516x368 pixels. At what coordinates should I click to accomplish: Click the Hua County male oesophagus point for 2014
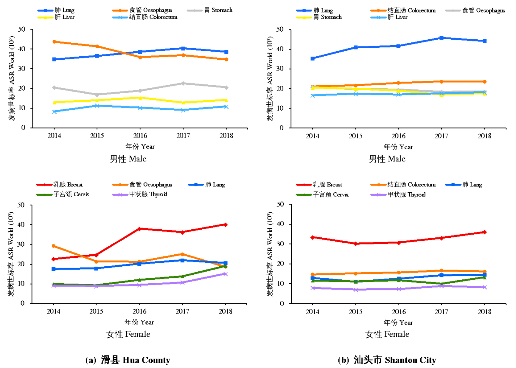tap(54, 42)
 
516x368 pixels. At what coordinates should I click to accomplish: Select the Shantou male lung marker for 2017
tap(441, 38)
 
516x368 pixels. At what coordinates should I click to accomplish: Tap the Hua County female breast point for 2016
tap(139, 229)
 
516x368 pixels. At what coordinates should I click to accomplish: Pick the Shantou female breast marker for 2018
tap(484, 232)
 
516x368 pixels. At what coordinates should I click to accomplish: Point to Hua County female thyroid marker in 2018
tap(226, 274)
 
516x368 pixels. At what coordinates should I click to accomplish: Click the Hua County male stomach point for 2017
tap(183, 83)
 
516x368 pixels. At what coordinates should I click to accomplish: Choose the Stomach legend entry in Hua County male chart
tap(218, 10)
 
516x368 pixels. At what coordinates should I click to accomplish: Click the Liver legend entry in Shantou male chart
tap(397, 17)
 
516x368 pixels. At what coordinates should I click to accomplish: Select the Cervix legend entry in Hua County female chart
tap(71, 194)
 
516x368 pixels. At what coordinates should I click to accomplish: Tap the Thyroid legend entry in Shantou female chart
tap(406, 194)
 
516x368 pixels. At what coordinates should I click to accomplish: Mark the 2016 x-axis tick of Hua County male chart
tap(140, 136)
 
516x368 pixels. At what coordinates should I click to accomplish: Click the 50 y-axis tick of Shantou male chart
tap(280, 29)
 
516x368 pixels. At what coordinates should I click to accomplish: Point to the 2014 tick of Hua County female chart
tap(53, 311)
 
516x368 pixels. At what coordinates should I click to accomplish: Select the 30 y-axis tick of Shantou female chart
tap(280, 244)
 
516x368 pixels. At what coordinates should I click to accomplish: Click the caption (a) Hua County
tap(128, 360)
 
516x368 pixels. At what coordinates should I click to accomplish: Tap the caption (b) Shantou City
tap(387, 360)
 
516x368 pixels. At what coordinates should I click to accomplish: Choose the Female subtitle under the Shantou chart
tap(387, 334)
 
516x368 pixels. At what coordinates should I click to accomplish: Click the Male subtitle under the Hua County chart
tap(128, 159)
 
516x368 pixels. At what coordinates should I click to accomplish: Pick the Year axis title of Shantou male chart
tap(398, 147)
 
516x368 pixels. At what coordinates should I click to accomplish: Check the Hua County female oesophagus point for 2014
tap(54, 246)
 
